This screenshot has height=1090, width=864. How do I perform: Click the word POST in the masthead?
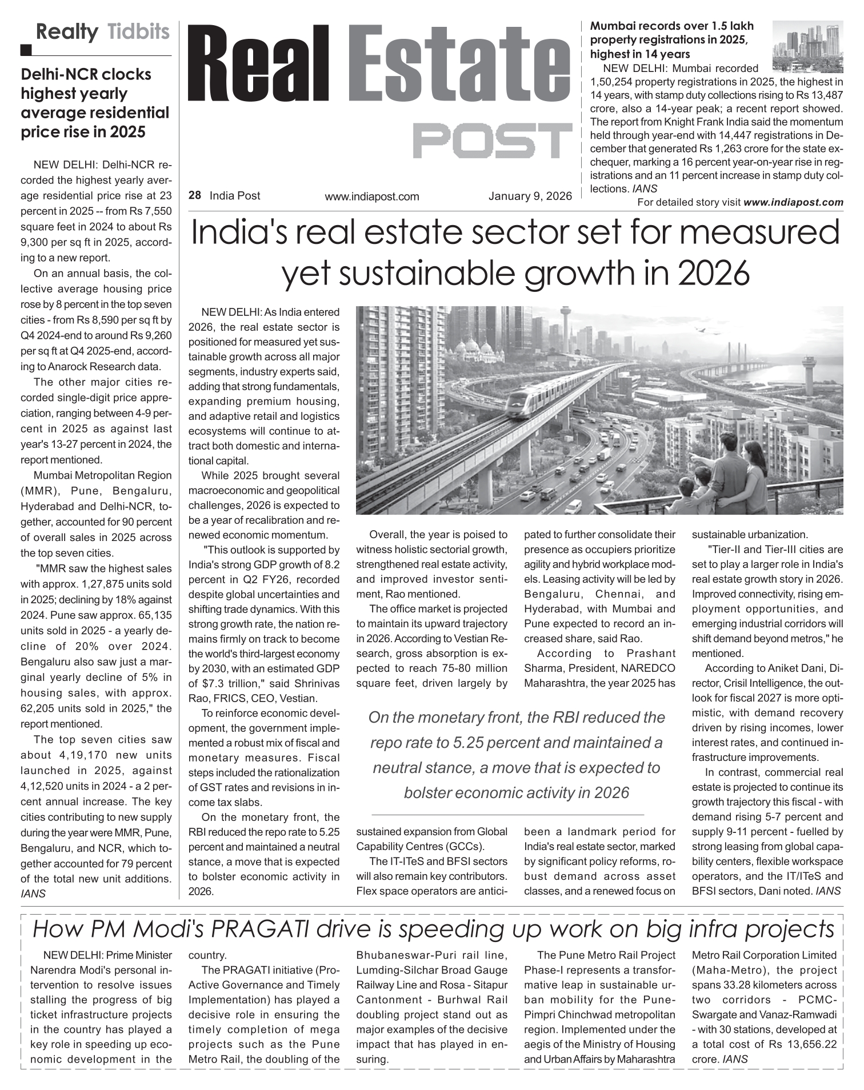[x=492, y=141]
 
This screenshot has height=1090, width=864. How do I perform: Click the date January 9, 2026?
[x=530, y=197]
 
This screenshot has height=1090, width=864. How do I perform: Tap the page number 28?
[x=194, y=195]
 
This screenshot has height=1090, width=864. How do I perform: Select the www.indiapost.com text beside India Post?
[x=371, y=197]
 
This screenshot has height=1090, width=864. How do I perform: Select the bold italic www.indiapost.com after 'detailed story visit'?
[x=793, y=202]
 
